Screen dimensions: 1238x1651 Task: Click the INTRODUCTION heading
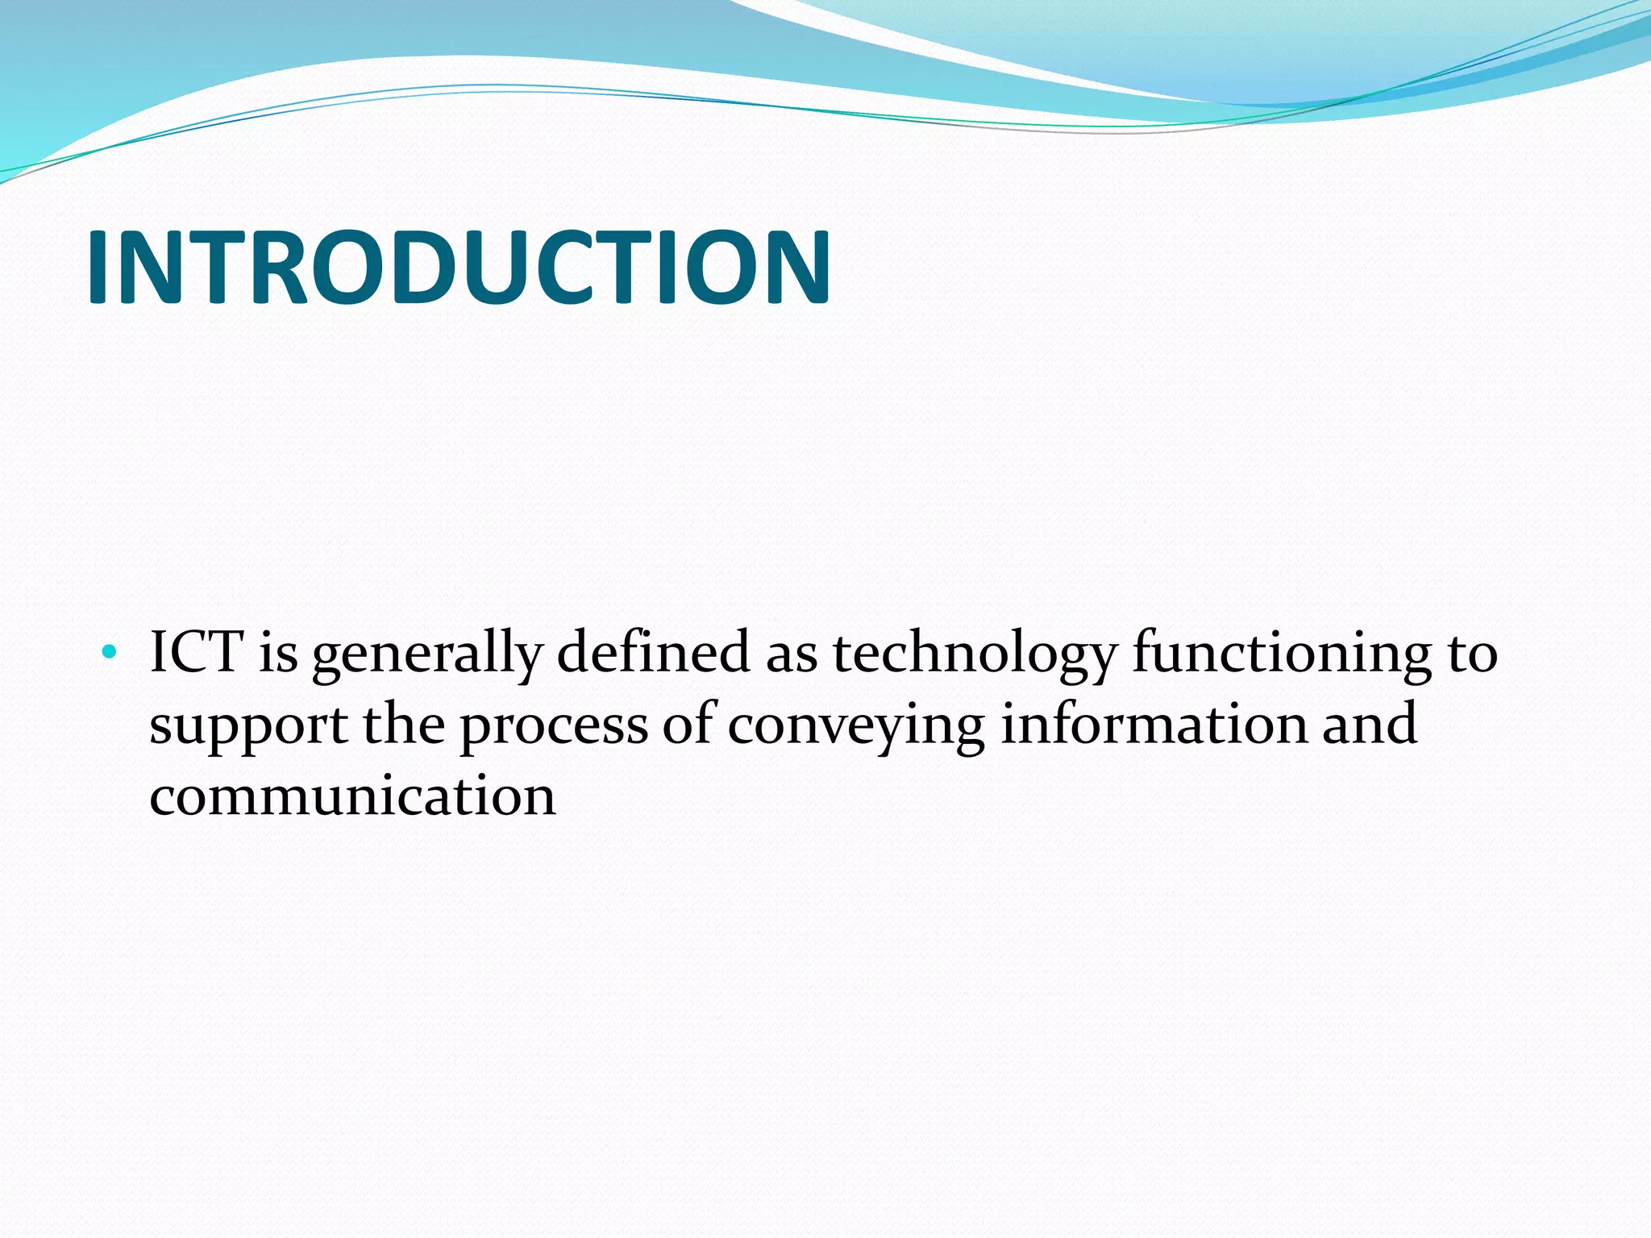(x=458, y=267)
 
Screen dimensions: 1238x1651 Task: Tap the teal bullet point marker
(x=110, y=651)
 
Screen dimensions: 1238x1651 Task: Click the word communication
(x=353, y=796)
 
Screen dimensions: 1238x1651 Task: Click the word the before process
(x=404, y=723)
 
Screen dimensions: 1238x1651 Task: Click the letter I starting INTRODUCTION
(x=99, y=267)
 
